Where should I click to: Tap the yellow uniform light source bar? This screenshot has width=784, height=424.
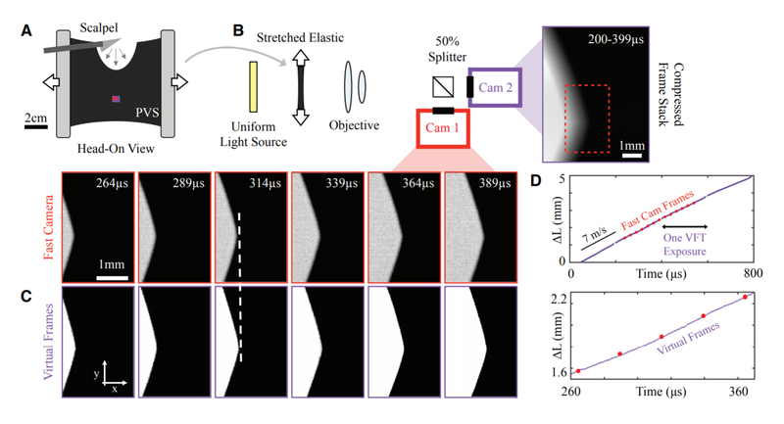point(254,87)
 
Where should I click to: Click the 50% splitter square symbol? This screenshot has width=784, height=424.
point(443,86)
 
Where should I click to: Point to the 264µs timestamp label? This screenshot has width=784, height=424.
point(112,183)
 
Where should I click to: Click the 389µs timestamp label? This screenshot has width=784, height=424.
point(495,183)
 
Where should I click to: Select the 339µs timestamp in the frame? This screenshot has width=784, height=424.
point(342,183)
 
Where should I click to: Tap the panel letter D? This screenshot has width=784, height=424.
point(535,180)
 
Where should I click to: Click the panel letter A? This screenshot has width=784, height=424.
point(26,31)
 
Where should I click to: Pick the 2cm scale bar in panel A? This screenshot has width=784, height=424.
point(36,127)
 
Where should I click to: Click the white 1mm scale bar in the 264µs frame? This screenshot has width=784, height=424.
point(112,278)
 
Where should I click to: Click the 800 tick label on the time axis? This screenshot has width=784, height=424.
point(753,273)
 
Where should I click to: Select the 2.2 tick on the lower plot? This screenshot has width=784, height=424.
point(558,300)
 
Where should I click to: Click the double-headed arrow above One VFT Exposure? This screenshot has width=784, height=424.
point(685,227)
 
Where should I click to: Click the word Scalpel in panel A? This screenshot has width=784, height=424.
point(99,28)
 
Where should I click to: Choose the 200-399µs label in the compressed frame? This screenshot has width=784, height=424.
point(615,39)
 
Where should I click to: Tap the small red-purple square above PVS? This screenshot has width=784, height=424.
point(116,99)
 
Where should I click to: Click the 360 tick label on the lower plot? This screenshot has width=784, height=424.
point(739,392)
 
